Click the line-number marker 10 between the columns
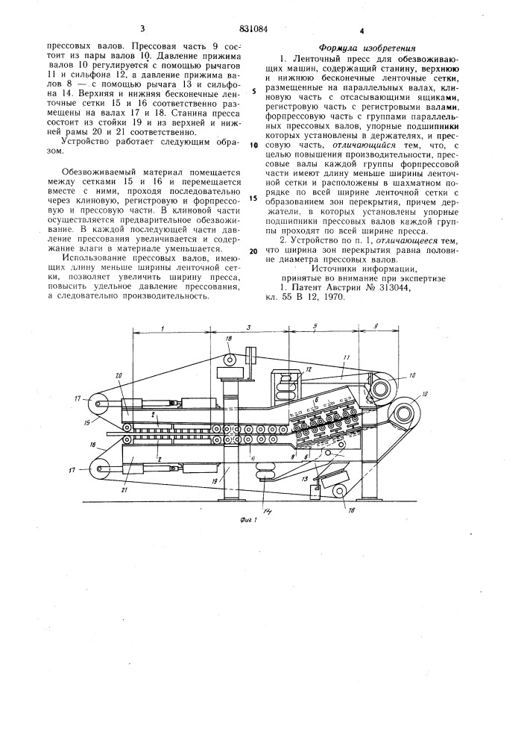[253, 146]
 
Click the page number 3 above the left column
[142, 29]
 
